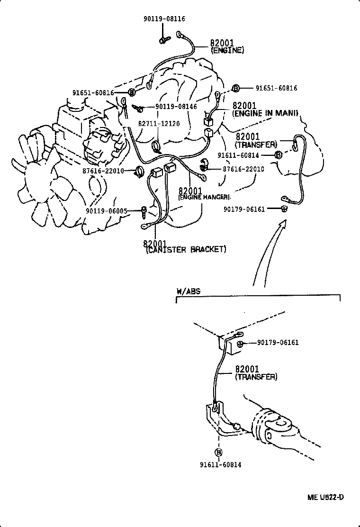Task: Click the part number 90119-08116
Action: point(164,19)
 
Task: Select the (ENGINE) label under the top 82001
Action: point(227,50)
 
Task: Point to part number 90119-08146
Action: point(176,107)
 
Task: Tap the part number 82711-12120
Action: point(159,123)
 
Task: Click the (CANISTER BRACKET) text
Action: point(186,250)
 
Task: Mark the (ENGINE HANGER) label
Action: point(204,197)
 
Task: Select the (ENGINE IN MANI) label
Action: point(265,113)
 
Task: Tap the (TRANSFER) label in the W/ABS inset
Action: point(256,377)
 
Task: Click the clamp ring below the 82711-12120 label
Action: point(158,144)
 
